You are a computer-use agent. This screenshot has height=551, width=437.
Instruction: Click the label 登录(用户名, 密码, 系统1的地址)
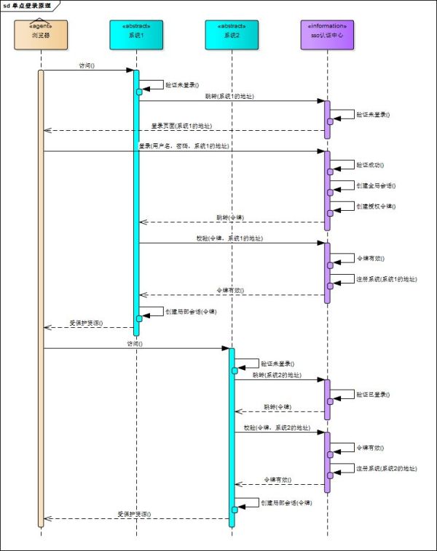(x=183, y=146)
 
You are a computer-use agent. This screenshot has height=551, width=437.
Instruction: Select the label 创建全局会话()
(x=376, y=186)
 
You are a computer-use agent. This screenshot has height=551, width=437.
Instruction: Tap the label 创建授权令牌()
(x=376, y=206)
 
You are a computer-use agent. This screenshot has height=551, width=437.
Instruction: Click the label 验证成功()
(x=370, y=166)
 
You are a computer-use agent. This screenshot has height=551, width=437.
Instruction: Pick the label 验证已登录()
(x=372, y=394)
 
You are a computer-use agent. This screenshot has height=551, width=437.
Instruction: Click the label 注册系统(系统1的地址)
(x=386, y=279)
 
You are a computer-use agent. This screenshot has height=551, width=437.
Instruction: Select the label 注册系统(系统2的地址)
(x=386, y=468)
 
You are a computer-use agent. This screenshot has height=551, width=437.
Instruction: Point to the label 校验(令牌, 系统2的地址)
(x=277, y=427)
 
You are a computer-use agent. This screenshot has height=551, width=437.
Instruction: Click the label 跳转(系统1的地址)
(x=229, y=96)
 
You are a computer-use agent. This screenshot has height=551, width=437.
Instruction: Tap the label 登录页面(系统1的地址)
(x=182, y=126)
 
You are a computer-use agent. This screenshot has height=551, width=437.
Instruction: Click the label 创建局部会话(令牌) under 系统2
(x=286, y=502)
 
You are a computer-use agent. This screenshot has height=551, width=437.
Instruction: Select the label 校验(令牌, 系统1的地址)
(x=230, y=238)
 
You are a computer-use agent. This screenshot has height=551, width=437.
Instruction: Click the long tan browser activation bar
(x=41, y=291)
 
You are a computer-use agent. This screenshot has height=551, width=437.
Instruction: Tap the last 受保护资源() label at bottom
(x=134, y=514)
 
